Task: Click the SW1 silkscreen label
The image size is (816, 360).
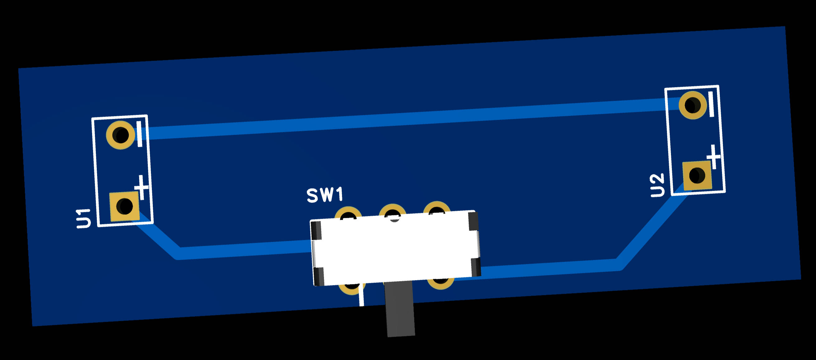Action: (x=325, y=195)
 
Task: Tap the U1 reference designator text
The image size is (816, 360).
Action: (x=84, y=218)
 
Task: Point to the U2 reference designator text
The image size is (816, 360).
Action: (x=657, y=185)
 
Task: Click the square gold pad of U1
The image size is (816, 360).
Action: (x=124, y=206)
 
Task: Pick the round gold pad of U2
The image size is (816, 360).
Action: (x=692, y=105)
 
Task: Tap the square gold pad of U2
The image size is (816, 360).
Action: (x=697, y=175)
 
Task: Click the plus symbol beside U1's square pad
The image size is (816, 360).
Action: (x=142, y=187)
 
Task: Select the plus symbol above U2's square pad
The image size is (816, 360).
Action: (x=714, y=157)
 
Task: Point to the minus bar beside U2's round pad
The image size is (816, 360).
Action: (x=711, y=104)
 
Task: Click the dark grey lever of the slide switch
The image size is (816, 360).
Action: (x=400, y=309)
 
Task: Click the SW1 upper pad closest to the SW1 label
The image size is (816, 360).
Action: (x=348, y=214)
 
